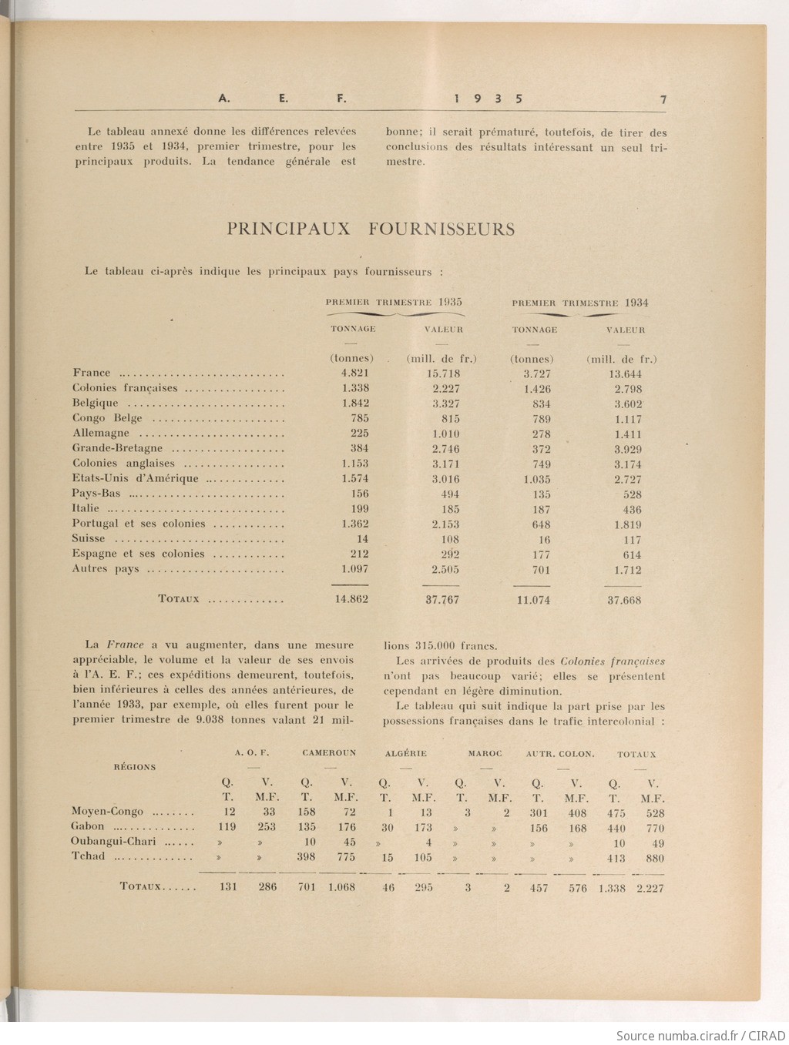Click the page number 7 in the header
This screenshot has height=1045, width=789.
(x=663, y=99)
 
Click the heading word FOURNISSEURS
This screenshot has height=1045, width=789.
(x=441, y=229)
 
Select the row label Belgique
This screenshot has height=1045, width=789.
(x=96, y=403)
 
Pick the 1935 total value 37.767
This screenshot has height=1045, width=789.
(x=442, y=599)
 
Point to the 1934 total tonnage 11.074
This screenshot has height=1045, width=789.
(x=533, y=600)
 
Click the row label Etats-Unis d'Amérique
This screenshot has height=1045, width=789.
(x=135, y=478)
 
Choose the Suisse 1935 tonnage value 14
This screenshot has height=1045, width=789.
(x=362, y=539)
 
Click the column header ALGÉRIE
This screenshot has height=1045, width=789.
(x=405, y=753)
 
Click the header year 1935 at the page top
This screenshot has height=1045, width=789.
(x=489, y=99)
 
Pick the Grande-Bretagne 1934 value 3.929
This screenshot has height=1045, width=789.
(x=628, y=449)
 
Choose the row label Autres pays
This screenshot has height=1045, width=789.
(x=106, y=569)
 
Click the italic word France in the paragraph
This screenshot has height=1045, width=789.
(x=124, y=645)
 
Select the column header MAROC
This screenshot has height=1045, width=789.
(x=485, y=753)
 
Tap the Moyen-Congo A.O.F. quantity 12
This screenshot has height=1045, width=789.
(x=230, y=812)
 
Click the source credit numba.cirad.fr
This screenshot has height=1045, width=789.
(x=697, y=1034)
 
